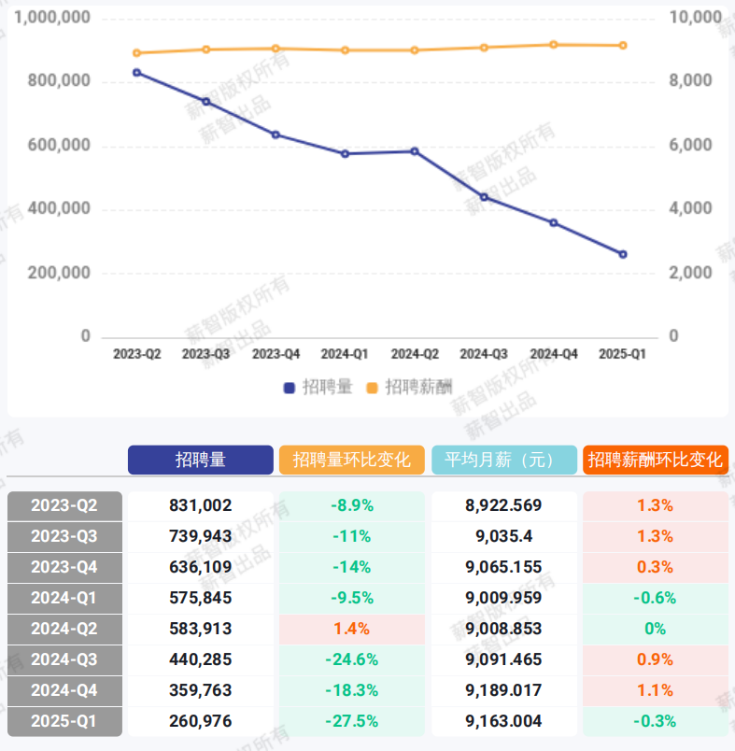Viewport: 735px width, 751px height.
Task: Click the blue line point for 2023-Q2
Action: (136, 72)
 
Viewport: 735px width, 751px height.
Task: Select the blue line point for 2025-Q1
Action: (623, 254)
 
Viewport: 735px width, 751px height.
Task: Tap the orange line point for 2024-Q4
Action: (554, 44)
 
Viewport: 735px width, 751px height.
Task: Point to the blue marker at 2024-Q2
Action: (415, 150)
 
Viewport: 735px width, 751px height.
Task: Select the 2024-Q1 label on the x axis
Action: (345, 355)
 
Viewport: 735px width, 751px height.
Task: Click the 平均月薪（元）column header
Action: (504, 460)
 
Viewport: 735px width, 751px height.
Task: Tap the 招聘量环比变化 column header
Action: (352, 460)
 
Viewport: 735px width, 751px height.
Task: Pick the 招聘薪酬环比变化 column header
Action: (656, 460)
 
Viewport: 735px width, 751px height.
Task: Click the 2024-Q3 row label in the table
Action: (64, 659)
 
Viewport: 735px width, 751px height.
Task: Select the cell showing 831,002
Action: (201, 505)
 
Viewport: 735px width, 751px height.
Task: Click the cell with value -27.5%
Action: (352, 721)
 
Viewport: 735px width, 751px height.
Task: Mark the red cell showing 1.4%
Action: (352, 629)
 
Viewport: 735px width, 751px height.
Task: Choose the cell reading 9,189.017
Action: (503, 690)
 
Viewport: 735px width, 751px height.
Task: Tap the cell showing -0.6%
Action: (656, 598)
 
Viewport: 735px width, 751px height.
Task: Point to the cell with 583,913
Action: (201, 629)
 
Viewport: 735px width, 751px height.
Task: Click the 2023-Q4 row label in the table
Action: (64, 567)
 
